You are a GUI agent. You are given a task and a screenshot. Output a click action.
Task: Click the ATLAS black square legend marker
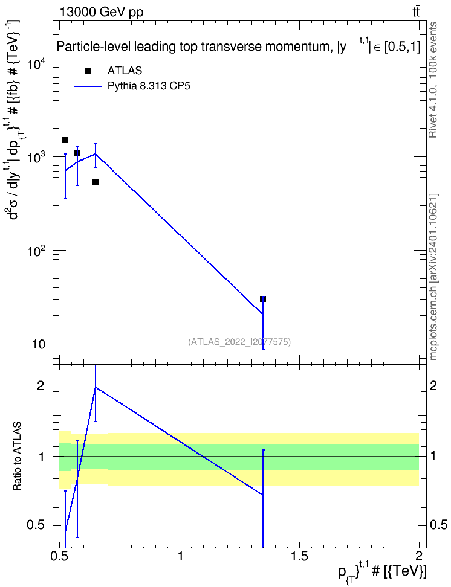pos(88,71)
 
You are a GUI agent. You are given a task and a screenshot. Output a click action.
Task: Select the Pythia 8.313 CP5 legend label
pos(149,86)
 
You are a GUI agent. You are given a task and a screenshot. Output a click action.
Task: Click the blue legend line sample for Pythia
pos(88,86)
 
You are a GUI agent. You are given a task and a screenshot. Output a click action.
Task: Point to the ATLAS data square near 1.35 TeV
pos(263,299)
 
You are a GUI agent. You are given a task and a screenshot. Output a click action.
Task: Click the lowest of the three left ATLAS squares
pos(96,182)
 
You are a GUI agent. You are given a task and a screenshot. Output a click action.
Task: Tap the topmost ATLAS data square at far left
pos(65,140)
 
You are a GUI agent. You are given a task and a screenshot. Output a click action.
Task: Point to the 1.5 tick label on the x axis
pos(299,556)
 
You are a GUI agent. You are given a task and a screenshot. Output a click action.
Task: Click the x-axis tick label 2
pos(419,556)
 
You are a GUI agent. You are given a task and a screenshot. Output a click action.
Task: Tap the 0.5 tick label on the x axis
pos(60,556)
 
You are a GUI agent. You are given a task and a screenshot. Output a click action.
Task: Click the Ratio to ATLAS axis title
pos(17,456)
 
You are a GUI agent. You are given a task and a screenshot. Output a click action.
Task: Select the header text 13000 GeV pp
pos(101,12)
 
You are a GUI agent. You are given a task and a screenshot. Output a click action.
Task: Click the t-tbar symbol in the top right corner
pos(416,11)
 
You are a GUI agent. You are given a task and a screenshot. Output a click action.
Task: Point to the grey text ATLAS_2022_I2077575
pos(239,341)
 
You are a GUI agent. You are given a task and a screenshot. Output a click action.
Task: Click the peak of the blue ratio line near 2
pos(96,387)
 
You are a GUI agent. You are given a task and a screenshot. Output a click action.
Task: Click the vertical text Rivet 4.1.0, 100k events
pos(433,80)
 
